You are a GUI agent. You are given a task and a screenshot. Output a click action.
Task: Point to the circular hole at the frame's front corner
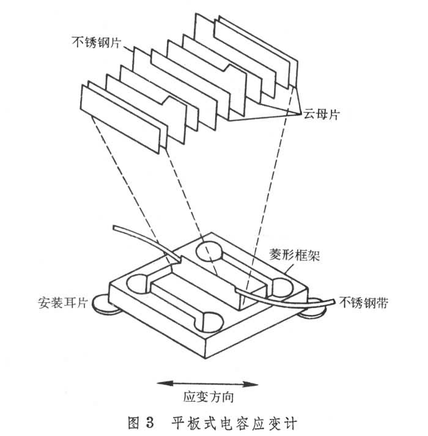tap(209, 321)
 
